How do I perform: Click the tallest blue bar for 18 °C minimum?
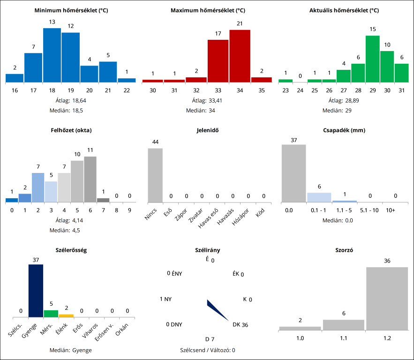click(52, 55)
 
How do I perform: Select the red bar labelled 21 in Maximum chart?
click(240, 56)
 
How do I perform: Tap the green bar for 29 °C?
click(372, 59)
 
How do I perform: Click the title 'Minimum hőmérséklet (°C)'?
click(71, 10)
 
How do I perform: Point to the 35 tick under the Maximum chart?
click(261, 90)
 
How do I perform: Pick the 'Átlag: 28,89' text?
click(344, 100)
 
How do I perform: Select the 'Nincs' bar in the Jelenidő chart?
click(155, 175)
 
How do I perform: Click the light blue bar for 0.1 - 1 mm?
click(319, 197)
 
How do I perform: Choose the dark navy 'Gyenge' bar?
click(36, 291)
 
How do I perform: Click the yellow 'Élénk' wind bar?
click(66, 315)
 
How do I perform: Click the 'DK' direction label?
click(236, 324)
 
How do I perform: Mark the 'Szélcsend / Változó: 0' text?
click(207, 350)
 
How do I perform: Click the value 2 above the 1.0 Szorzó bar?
click(300, 321)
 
